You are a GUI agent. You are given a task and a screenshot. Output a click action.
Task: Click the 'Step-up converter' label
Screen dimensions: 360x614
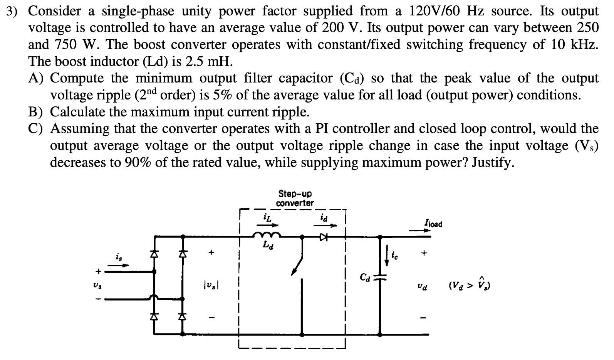(295, 198)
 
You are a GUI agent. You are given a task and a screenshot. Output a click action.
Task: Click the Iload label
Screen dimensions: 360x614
(433, 224)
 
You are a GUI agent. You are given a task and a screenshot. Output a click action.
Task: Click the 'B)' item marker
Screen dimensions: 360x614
(36, 112)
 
